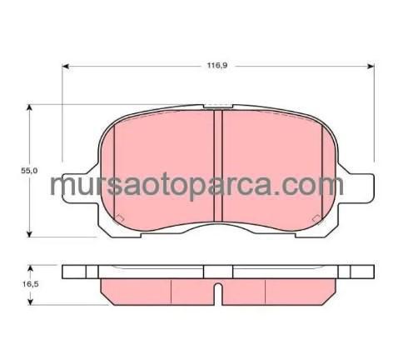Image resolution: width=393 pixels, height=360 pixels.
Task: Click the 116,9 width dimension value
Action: click(217, 66)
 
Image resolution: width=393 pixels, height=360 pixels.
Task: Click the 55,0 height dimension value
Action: click(29, 171)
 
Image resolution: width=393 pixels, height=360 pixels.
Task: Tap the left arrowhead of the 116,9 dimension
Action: click(65, 66)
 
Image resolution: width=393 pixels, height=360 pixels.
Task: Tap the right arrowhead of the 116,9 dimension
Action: click(371, 66)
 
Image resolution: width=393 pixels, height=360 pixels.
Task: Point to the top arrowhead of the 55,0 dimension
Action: click(29, 107)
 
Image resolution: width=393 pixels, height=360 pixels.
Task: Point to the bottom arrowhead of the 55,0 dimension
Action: click(29, 233)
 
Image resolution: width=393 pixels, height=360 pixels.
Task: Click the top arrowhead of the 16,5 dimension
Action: click(31, 268)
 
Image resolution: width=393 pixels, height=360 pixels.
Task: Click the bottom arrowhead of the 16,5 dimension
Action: click(31, 302)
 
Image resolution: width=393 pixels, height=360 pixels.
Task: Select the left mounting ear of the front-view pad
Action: click(79, 188)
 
